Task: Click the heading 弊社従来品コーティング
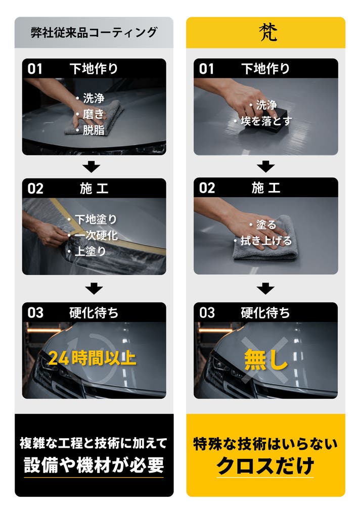pos(94,32)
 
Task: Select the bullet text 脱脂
pos(94,130)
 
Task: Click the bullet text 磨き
pos(94,114)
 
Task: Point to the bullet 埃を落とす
pos(266,121)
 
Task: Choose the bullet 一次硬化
pos(96,235)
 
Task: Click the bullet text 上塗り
pos(91,251)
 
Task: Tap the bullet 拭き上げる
pos(266,241)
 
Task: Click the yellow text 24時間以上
pos(92,358)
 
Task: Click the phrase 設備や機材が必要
pos(94,465)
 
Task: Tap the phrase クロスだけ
pos(265,465)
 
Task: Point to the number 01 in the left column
pos(35,69)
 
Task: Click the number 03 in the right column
pos(207,313)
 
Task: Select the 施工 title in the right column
pos(266,188)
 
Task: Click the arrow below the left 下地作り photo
pos(92,166)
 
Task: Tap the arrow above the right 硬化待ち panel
pos(265,289)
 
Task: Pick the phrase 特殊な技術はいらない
pos(265,444)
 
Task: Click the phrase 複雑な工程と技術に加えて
pos(94,443)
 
